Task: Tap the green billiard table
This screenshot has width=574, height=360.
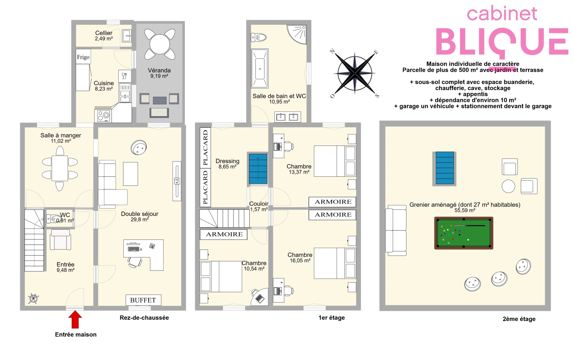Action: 464,233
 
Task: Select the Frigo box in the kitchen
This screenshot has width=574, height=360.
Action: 83,57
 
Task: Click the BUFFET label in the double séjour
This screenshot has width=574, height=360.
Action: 143,300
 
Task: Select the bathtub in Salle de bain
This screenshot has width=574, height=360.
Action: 260,68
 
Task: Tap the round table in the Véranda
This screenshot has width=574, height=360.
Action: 160,44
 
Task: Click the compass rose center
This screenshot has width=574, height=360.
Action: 355,73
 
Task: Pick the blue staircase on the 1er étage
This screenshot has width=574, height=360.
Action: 258,169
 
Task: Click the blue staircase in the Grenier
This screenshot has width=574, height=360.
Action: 444,168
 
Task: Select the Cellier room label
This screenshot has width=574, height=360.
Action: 104,35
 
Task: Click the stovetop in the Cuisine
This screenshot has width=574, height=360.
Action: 104,116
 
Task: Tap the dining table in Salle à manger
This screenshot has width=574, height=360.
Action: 60,168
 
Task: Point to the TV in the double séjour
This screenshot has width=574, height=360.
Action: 177,181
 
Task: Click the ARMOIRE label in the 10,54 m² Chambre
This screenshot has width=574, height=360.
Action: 224,234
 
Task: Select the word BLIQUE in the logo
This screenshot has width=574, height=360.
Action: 502,42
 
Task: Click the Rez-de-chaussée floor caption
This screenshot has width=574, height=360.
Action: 144,318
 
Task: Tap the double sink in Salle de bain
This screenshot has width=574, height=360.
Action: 287,117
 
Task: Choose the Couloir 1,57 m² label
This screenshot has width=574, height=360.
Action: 259,207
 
